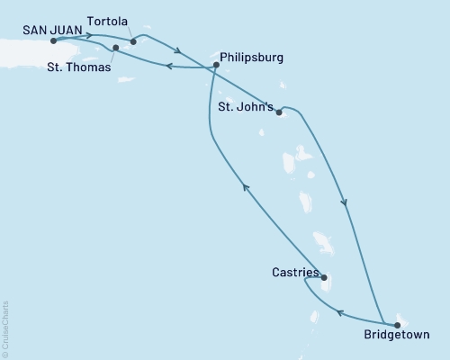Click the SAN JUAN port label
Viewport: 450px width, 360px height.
42,28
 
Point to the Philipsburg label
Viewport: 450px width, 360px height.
251,57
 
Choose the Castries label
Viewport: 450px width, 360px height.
293,270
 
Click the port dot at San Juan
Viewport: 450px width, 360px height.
54,40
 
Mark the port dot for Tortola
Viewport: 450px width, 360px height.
132,40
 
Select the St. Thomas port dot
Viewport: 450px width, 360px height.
115,48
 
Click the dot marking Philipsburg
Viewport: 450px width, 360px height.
215,65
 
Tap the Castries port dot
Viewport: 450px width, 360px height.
324,278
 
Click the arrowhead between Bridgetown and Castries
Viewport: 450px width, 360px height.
340,313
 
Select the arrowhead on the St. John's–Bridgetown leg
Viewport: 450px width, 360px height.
345,202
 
